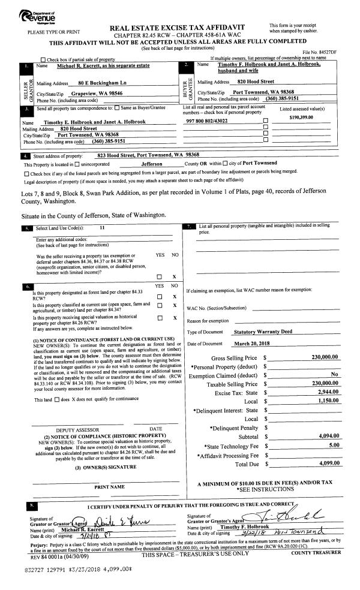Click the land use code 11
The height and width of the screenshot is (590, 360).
coord(103,228)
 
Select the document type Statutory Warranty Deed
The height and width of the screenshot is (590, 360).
coord(267,332)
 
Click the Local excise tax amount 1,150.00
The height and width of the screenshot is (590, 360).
coord(326,402)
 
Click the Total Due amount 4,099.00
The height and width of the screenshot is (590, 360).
coord(326,463)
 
